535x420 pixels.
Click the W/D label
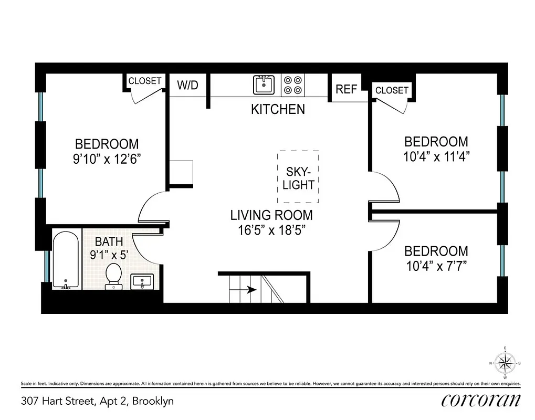[x=187, y=86]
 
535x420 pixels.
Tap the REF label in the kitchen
[x=346, y=89]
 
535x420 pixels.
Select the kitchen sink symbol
[x=264, y=85]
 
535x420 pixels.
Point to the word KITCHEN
[x=278, y=109]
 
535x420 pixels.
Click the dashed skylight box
[x=298, y=177]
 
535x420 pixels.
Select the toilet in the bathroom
[x=113, y=276]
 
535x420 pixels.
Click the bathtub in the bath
[x=66, y=259]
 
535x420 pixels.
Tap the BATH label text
[x=109, y=242]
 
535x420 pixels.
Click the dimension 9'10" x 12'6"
[x=107, y=159]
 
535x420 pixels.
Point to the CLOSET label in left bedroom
[x=145, y=81]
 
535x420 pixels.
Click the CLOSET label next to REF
[x=392, y=90]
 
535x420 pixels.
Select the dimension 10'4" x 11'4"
[x=436, y=156]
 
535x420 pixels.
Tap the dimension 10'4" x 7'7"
[x=436, y=266]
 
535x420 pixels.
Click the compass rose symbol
[x=505, y=363]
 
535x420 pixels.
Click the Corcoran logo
[x=481, y=401]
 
